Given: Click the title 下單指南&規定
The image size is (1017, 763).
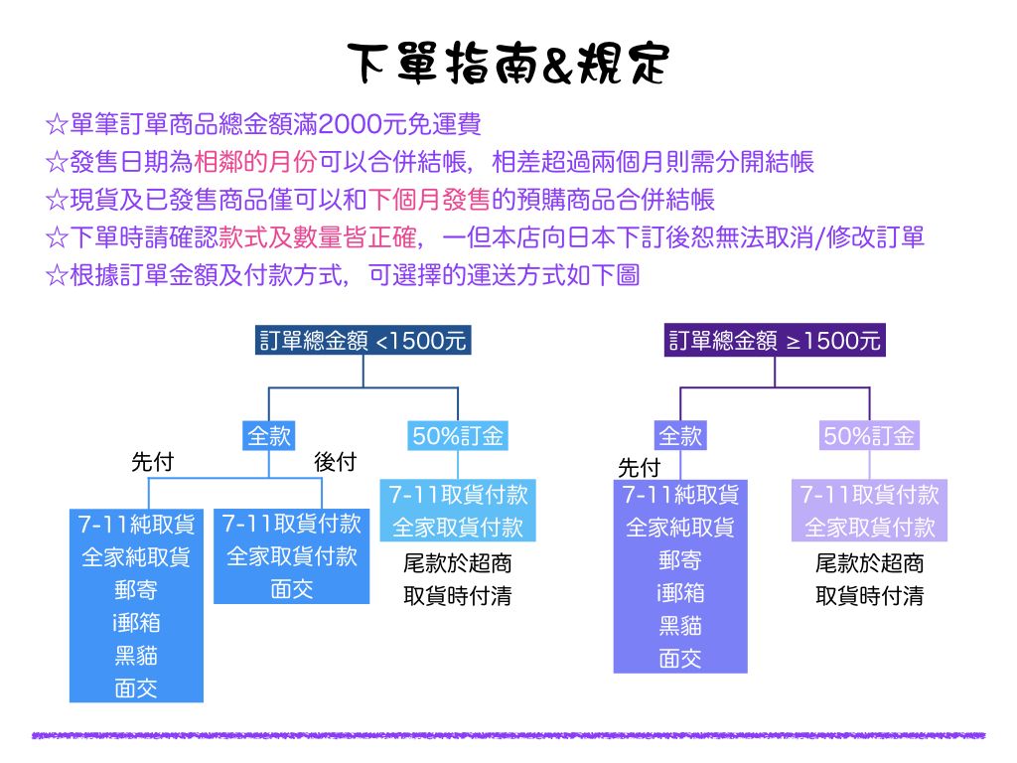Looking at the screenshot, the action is coord(508,64).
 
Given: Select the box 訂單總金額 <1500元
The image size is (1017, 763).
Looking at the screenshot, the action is coord(363,340).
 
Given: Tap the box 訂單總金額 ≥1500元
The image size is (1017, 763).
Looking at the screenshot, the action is coord(775,340).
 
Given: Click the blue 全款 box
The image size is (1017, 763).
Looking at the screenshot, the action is coord(269,435).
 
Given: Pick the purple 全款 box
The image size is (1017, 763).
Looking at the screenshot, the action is coord(679,435).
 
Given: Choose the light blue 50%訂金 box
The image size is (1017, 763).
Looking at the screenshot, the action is coord(458,435).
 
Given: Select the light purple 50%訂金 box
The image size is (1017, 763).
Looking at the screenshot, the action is coord(869,435).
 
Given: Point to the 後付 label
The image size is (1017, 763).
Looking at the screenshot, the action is coord(336,462).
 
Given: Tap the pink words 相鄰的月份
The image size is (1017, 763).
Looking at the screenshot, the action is coord(255,162).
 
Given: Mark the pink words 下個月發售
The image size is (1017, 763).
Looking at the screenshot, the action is coord(429,199).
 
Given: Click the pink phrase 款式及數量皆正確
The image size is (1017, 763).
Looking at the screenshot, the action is coord(318,237).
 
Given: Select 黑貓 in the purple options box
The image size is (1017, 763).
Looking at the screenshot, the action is coord(680,626).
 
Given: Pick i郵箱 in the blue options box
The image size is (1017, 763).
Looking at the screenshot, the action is coord(136,623).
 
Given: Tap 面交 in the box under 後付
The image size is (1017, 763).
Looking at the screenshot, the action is coord(292,589).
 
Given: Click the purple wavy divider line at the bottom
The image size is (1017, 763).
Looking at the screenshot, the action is coord(508,736).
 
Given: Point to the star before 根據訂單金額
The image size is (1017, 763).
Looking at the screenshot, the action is coord(57,276).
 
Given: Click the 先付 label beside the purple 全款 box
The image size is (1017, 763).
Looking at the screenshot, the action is coord(639,467).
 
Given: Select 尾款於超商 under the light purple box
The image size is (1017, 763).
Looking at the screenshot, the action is coord(869,563).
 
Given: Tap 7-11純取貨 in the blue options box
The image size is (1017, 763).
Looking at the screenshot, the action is coord(136,525).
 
